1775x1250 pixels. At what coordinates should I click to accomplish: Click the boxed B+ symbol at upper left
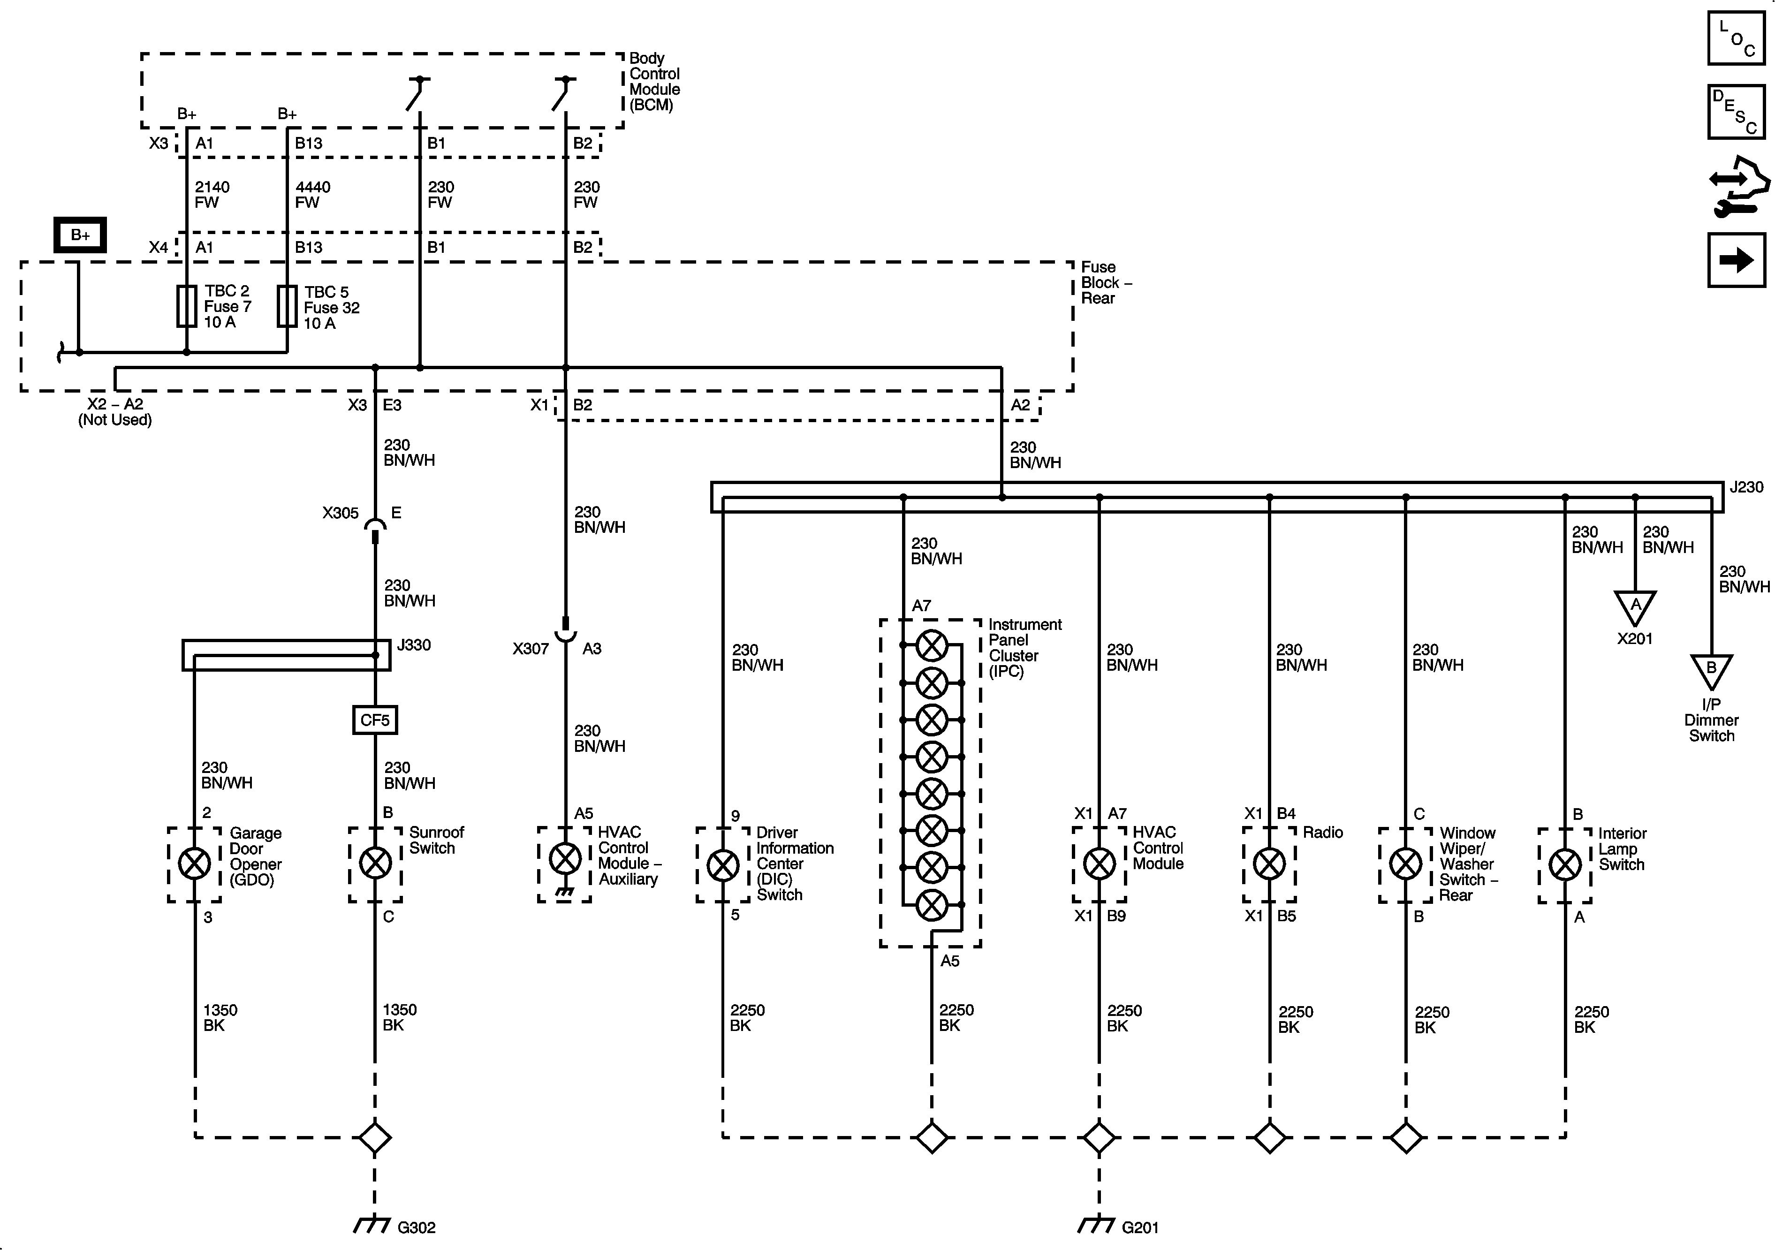tap(80, 235)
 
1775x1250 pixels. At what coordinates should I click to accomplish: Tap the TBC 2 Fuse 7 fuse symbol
tap(186, 306)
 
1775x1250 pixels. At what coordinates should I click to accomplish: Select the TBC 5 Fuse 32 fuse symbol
tap(287, 306)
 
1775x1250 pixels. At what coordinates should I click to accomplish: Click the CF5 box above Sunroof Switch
tap(375, 720)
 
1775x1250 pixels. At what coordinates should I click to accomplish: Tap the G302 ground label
tap(416, 1227)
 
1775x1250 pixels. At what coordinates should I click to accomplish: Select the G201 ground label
tap(1139, 1227)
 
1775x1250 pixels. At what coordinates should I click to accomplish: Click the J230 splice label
tap(1745, 487)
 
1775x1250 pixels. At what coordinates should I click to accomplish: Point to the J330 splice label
tap(414, 645)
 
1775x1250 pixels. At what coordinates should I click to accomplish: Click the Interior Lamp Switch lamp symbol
tap(1565, 864)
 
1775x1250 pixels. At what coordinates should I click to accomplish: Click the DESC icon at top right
tap(1736, 112)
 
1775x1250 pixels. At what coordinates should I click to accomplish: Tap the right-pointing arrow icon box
tap(1736, 260)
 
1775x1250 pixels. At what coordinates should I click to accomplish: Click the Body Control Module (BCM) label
tap(654, 81)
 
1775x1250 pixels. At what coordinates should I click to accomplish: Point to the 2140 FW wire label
tap(212, 195)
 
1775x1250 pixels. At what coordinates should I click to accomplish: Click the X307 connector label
tap(531, 649)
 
